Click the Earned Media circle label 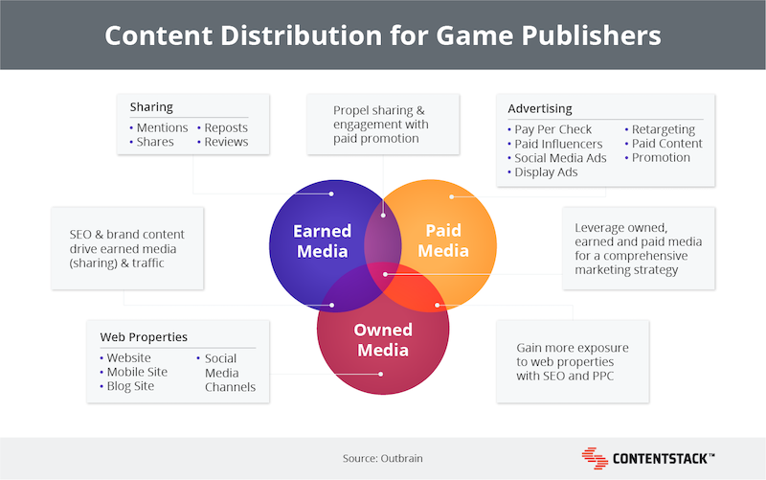tap(322, 241)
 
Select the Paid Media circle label tap(443, 240)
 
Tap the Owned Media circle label tap(383, 340)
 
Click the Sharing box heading tap(151, 106)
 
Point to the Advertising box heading tap(540, 108)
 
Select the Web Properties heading tap(144, 337)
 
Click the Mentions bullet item tap(159, 127)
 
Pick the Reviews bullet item tap(223, 142)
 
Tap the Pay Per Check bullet tap(550, 129)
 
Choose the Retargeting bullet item tap(660, 129)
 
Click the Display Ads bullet tap(543, 172)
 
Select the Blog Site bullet tap(127, 386)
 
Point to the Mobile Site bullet tap(134, 372)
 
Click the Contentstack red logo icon tap(595, 458)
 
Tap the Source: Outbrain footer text tap(382, 459)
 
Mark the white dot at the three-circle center tap(386, 274)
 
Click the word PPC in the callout tap(603, 376)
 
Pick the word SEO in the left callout tap(80, 235)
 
